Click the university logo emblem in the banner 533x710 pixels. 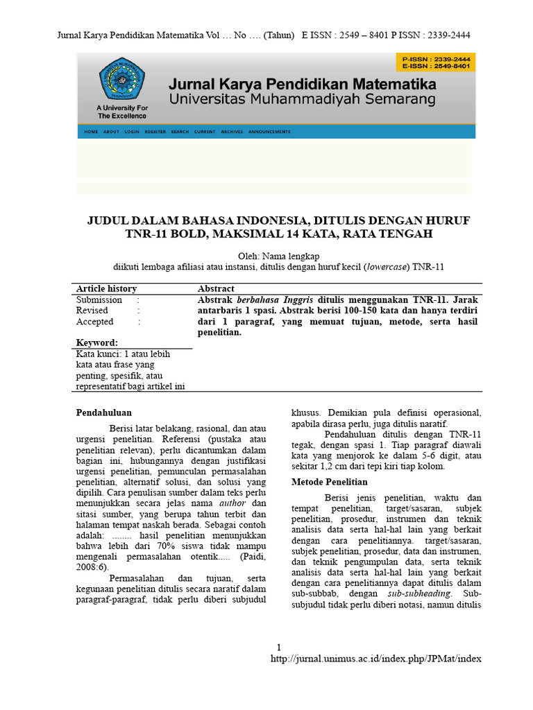coord(122,79)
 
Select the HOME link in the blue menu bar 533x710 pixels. coord(91,132)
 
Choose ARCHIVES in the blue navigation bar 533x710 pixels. coord(232,132)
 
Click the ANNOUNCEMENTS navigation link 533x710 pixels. coord(269,132)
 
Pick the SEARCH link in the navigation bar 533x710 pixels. coord(180,132)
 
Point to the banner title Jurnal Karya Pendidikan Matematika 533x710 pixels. coord(303,85)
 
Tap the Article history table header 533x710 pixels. coord(106,288)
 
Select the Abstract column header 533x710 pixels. coord(216,288)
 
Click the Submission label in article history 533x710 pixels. coord(99,300)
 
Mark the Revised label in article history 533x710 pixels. coord(92,311)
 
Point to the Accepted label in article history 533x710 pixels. coord(94,322)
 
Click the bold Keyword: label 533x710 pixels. coord(96,343)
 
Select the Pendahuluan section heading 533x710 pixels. coord(103,413)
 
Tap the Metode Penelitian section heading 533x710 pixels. coord(330,482)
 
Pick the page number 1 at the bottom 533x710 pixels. coord(278,646)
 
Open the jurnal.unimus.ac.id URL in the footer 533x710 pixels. coord(375,658)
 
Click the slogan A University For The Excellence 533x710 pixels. coord(122,112)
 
